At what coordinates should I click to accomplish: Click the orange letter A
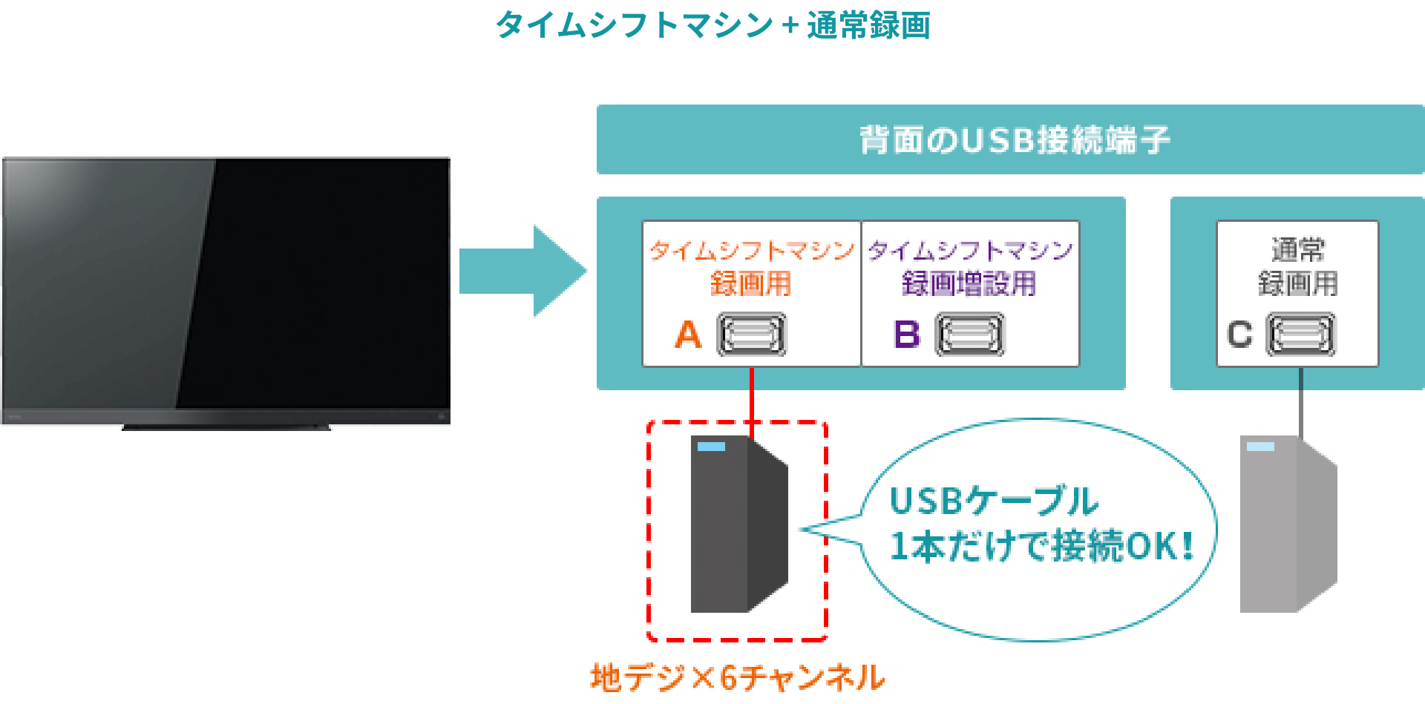coord(688,335)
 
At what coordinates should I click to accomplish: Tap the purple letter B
coord(907,335)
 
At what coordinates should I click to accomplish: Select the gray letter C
coord(1239,335)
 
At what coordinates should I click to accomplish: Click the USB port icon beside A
coord(751,335)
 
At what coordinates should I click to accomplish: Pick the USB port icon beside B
coord(969,335)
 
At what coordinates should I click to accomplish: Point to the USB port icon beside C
coord(1300,335)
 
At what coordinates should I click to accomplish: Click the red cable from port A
coord(752,393)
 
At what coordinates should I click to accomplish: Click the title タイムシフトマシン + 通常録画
coord(712,25)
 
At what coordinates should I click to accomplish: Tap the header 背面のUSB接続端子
coord(1014,140)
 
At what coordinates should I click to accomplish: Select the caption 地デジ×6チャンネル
coord(737,677)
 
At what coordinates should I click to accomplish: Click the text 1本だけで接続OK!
coord(1041,547)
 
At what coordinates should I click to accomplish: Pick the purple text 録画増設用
coord(969,284)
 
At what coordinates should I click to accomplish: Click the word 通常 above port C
coord(1298,250)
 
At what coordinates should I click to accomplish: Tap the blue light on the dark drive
coord(711,447)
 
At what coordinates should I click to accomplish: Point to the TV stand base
coord(226,427)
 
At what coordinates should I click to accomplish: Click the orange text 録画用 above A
coord(750,284)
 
